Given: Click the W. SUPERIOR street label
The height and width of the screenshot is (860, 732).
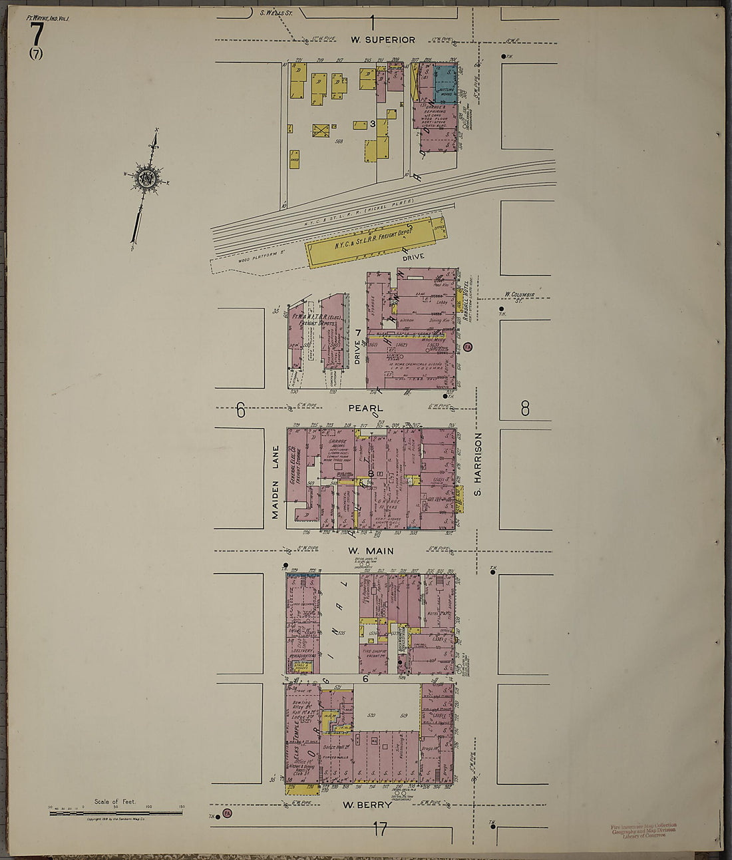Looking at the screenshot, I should pyautogui.click(x=383, y=40).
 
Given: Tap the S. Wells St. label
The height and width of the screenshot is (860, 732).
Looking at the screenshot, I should pyautogui.click(x=272, y=12).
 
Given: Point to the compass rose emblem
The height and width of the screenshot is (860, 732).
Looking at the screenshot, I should pyautogui.click(x=146, y=178).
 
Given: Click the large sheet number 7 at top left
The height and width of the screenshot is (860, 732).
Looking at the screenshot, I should pyautogui.click(x=37, y=33).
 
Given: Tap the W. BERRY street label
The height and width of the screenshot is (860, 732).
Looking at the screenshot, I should pyautogui.click(x=367, y=805).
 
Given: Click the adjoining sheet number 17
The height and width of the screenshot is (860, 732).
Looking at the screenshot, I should pyautogui.click(x=379, y=829).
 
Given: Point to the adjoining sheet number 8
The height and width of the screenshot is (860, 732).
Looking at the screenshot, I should pyautogui.click(x=525, y=408).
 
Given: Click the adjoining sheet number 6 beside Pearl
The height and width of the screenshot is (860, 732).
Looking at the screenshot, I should pyautogui.click(x=240, y=411).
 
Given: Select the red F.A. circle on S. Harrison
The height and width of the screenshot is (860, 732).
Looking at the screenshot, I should pyautogui.click(x=468, y=347).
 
